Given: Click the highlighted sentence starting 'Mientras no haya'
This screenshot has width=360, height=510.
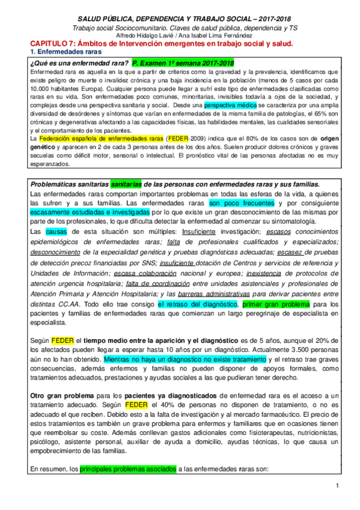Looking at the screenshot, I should point(184,358).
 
